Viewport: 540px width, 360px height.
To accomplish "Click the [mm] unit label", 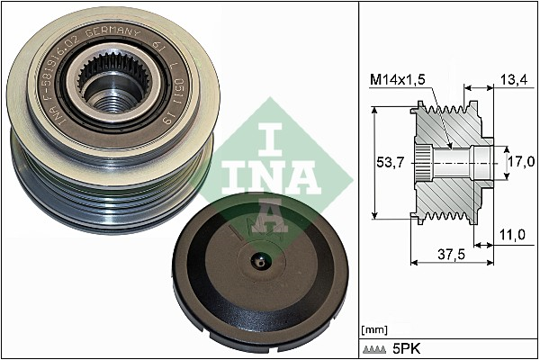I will pos(373,329).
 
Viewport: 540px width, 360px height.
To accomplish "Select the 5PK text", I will pos(405,347).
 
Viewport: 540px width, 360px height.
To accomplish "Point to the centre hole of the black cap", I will pos(258,263).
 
